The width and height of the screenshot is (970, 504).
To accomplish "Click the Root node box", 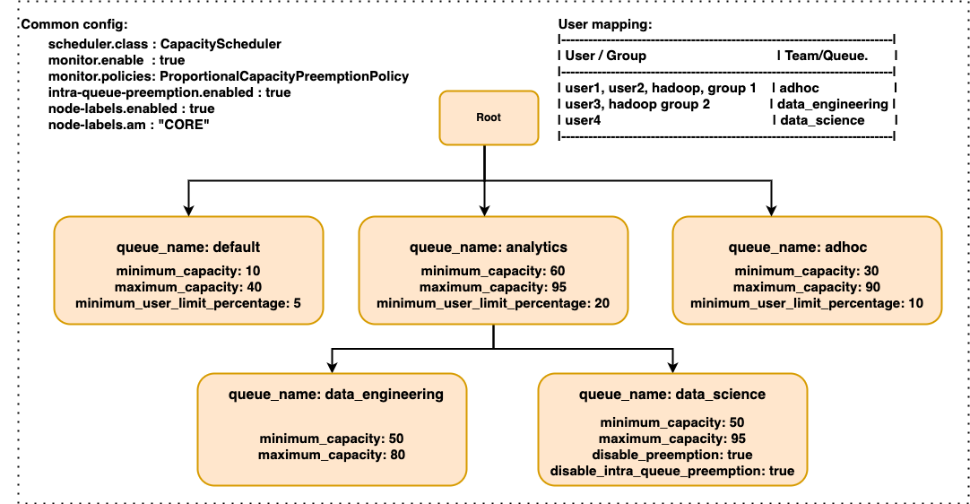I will (489, 117).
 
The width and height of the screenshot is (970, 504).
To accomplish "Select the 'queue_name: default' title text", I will (188, 248).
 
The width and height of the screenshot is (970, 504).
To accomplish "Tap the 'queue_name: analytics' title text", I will (489, 248).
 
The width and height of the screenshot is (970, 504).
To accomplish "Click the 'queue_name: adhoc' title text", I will (797, 248).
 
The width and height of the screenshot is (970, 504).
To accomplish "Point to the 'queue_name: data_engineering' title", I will (336, 394).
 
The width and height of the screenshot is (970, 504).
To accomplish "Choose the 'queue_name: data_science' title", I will (672, 394).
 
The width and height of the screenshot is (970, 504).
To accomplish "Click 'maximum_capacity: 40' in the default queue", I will (188, 287).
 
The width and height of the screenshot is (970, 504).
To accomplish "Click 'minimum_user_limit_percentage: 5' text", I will (188, 304).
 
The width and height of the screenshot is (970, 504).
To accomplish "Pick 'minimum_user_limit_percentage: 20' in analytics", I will (493, 304).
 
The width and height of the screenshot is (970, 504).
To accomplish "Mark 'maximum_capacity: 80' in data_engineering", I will (332, 455).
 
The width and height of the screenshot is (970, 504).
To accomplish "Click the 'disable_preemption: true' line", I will (672, 455).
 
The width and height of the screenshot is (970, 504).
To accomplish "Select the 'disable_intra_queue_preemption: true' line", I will (672, 471).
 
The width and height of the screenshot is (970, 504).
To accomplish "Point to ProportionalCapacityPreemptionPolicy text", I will (283, 76).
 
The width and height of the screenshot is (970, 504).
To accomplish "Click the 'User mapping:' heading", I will (605, 24).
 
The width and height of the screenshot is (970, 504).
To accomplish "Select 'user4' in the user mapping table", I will (584, 120).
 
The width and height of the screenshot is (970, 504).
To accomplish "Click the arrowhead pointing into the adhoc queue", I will (770, 211).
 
